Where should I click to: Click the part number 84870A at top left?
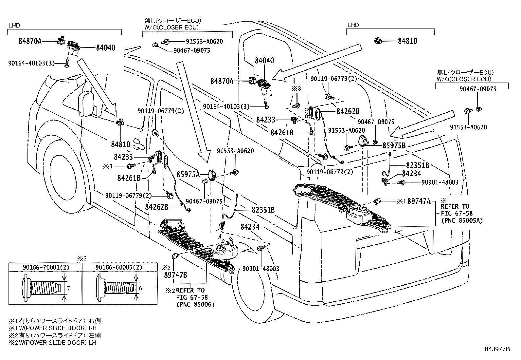[x=30, y=41]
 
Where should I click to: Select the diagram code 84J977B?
[x=497, y=349]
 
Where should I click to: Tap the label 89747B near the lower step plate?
[x=175, y=275]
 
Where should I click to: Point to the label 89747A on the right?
[x=419, y=201]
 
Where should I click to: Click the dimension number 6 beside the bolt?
[x=140, y=288]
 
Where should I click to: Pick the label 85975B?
[x=394, y=145]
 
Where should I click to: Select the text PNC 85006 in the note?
[x=195, y=304]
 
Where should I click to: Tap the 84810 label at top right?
[x=407, y=41]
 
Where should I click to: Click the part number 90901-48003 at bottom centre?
[x=261, y=269]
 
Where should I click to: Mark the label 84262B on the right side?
[x=348, y=111]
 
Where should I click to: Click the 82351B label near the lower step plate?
[x=263, y=210]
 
